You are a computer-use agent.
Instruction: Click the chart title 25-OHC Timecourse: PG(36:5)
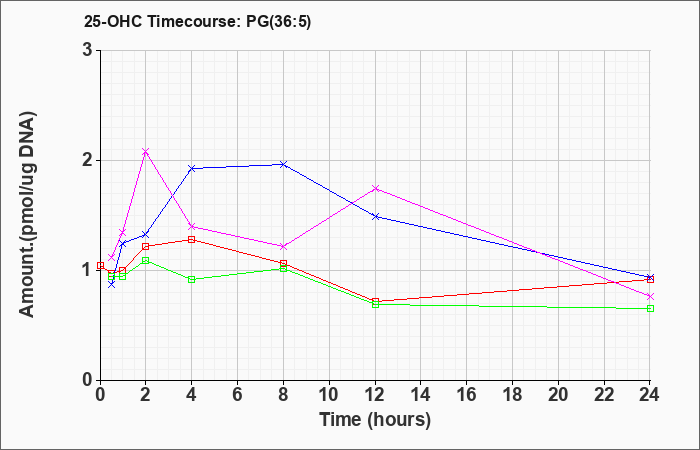click(197, 21)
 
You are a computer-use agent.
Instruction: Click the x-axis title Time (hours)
click(375, 420)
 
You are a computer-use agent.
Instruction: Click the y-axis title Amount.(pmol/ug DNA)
click(28, 214)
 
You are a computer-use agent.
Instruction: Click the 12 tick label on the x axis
click(375, 395)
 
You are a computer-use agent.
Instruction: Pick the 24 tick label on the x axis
click(650, 395)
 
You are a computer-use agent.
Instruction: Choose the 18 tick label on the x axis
click(512, 395)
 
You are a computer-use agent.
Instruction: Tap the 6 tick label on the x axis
click(238, 395)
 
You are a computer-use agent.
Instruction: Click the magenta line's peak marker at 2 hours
click(146, 152)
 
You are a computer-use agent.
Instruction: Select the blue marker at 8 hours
click(283, 164)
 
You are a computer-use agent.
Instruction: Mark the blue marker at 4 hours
click(192, 168)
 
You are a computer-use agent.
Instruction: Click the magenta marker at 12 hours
click(375, 188)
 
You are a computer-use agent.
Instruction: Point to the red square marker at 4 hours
click(192, 240)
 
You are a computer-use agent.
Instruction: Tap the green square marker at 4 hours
click(192, 279)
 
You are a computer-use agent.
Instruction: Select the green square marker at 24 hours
click(650, 308)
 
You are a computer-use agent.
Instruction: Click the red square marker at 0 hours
click(100, 266)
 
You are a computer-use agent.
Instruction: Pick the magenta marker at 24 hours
click(650, 296)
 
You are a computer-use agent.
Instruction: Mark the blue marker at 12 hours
click(375, 217)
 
